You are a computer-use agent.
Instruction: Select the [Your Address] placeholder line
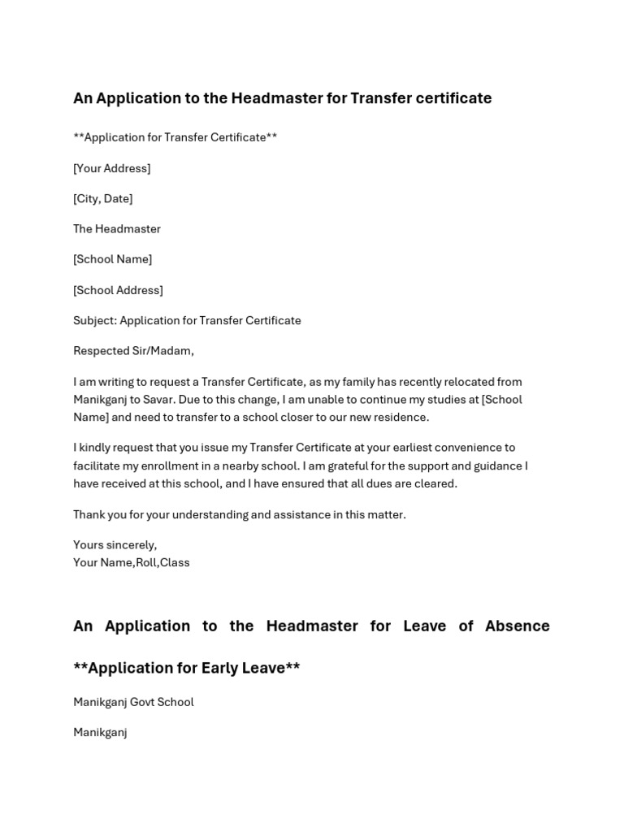coord(111,168)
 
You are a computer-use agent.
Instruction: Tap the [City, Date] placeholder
coord(102,198)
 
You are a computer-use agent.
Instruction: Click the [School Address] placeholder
coord(118,290)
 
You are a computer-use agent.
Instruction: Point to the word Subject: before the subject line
coord(94,320)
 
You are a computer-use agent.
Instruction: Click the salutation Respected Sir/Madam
coord(133,351)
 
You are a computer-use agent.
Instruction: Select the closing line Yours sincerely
coord(115,544)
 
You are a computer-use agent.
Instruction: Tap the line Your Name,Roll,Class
coord(131,562)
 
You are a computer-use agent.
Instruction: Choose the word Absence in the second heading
coord(517,626)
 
